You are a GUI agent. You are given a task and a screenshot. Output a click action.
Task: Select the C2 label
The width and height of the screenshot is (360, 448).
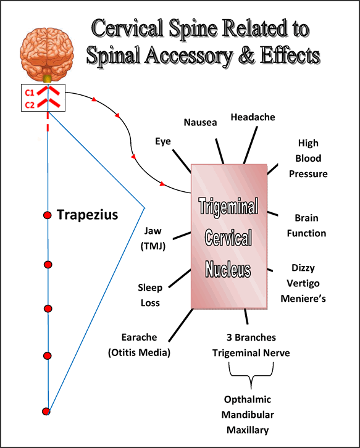[29, 105]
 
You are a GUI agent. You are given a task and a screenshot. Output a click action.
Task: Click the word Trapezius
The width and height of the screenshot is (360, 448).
[87, 215]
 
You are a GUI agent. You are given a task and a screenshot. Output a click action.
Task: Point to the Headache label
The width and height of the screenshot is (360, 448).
[253, 117]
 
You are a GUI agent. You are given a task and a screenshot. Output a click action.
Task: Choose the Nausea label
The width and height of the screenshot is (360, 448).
[201, 122]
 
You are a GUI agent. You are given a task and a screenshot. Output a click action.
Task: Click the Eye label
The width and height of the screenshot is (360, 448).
[163, 141]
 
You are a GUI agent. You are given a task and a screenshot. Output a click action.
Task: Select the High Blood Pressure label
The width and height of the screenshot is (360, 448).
[308, 159]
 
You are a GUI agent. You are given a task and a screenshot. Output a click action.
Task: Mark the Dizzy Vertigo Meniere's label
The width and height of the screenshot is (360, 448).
[308, 283]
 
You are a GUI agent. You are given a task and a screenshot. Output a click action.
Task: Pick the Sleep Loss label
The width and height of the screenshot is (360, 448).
[149, 295]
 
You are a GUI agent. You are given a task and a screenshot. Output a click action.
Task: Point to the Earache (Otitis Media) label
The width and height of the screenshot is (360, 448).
[139, 345]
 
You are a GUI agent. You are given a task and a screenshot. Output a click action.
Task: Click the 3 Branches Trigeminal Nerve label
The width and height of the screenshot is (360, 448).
[251, 345]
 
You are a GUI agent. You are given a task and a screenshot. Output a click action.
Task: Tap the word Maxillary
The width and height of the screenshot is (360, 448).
[250, 429]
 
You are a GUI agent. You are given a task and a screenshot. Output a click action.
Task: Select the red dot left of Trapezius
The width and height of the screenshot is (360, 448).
[47, 215]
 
